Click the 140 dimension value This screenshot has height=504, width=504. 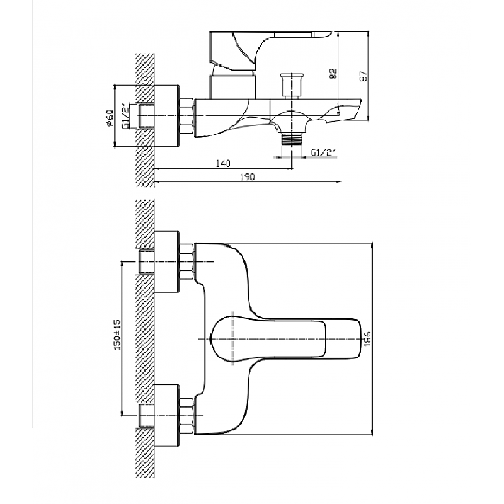point(221,163)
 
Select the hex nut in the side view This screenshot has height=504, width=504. point(187,116)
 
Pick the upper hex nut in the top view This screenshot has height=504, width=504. point(187,260)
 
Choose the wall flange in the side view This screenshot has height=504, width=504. point(166,116)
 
